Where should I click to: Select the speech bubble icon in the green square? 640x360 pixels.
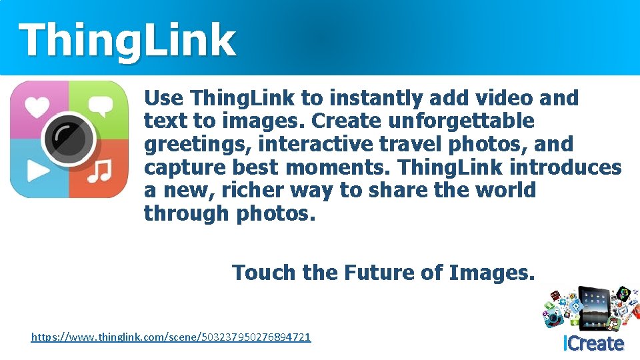tap(101, 106)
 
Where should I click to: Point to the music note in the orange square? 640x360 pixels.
tap(101, 171)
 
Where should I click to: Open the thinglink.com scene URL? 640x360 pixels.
tap(171, 337)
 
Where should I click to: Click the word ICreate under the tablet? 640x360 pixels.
tap(593, 344)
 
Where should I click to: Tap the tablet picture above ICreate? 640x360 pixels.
tap(593, 307)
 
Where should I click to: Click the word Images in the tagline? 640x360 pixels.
tap(491, 273)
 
